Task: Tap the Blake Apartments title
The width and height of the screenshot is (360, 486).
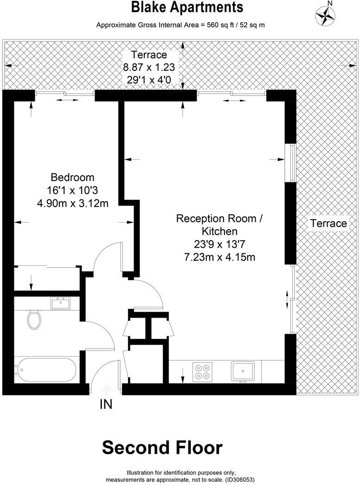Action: click(187, 7)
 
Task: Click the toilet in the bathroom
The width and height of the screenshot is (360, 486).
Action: click(34, 320)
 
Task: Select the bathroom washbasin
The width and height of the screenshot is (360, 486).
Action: click(60, 304)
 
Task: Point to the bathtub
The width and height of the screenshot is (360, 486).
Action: click(45, 370)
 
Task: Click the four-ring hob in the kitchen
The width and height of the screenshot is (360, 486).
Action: click(203, 371)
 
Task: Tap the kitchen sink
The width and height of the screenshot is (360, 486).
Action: click(243, 371)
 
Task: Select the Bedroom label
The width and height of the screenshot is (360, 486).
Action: click(72, 177)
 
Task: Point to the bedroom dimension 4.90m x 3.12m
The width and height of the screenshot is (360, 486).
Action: click(72, 203)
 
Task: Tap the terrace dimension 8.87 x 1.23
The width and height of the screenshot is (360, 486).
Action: click(149, 67)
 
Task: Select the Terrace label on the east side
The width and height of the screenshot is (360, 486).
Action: click(328, 224)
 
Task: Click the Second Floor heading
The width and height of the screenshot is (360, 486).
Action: click(162, 448)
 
